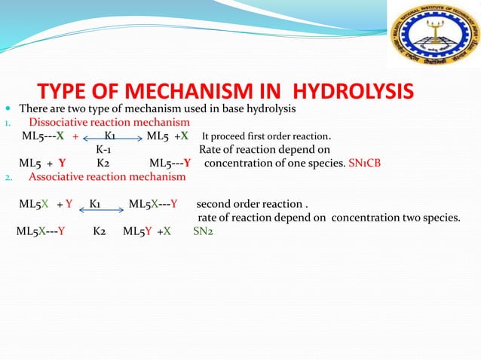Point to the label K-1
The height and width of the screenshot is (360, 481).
(x=105, y=150)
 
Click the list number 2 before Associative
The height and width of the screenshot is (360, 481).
(x=7, y=178)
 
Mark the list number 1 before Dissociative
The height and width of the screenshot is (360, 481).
(x=7, y=124)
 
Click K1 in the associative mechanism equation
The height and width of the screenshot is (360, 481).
(x=96, y=204)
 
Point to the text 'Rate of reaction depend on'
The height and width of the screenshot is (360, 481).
(x=259, y=150)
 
